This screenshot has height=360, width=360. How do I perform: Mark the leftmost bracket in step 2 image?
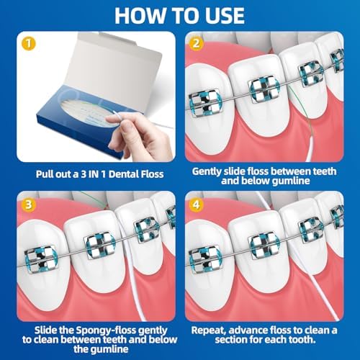(x=206, y=100)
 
